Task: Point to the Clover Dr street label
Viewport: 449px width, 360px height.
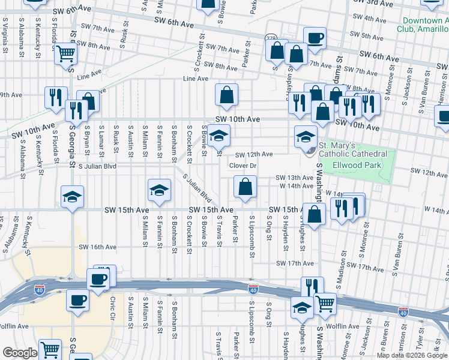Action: click(243, 166)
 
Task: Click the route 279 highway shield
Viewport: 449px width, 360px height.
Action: click(271, 38)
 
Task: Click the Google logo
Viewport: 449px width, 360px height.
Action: click(20, 353)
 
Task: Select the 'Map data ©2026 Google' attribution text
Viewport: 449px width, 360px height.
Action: click(412, 355)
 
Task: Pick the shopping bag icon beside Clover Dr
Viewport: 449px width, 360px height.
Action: click(245, 187)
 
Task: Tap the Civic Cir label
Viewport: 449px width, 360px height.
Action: click(112, 307)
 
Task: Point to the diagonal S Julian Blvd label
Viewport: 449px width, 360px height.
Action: click(197, 188)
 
